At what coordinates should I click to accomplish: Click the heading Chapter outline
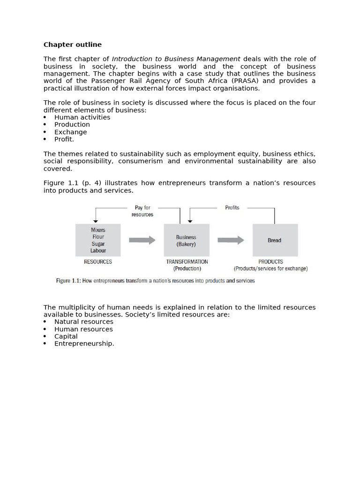coord(72,45)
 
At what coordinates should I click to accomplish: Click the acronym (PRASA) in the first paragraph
coord(243,81)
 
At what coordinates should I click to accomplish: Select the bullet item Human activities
coord(82,117)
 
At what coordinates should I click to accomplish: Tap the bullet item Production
coord(72,124)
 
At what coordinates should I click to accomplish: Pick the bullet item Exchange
coord(70,132)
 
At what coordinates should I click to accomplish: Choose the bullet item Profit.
coord(64,139)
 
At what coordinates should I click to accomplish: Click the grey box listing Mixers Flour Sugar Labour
coord(98,240)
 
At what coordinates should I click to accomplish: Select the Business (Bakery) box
coord(186,240)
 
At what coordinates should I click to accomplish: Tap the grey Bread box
coord(275,240)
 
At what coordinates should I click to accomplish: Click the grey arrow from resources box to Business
coord(142,240)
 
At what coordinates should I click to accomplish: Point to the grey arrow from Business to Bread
coord(231,240)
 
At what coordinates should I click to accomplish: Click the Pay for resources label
coord(142,211)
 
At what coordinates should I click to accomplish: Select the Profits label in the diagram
coord(232,208)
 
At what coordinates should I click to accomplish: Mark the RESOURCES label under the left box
coord(98,262)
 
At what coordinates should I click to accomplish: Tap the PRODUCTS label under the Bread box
coord(270,262)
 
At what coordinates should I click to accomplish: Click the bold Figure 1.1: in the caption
coord(70,281)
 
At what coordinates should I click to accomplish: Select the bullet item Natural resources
coord(83,322)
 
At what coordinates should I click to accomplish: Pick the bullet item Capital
coord(66,336)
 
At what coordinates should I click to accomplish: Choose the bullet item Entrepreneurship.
coord(84,343)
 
